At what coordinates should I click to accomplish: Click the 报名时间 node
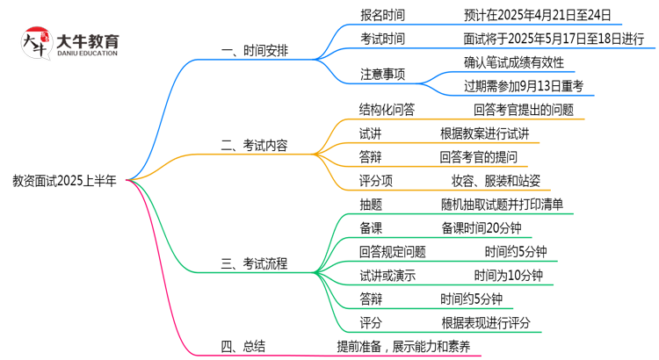(x=382, y=15)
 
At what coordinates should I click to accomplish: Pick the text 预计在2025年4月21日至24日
(x=530, y=15)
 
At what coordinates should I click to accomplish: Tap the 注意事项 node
(x=382, y=74)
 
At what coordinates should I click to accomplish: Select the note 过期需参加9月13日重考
(x=530, y=86)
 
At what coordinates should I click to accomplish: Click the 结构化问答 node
(x=387, y=110)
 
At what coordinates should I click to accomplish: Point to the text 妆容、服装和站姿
(x=496, y=181)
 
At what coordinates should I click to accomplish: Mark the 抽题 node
(x=371, y=205)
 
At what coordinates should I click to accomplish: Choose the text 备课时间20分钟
(x=482, y=228)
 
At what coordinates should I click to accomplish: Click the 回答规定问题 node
(x=393, y=252)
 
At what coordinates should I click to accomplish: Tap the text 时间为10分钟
(x=508, y=276)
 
